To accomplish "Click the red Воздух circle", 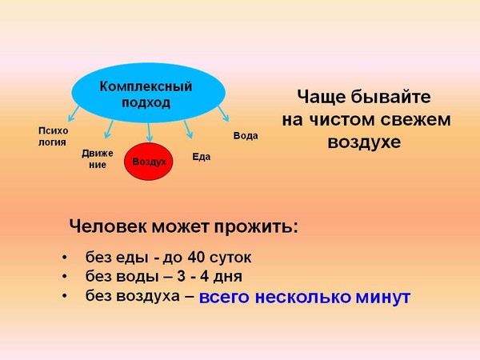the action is pos(149,162).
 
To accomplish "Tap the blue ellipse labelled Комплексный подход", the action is pos(149,93).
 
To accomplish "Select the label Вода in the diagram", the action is pos(246,136).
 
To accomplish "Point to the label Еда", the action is pos(201,157).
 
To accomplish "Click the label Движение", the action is pos(98,159).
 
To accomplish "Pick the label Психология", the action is pos(53,136).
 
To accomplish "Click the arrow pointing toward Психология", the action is pos(74,114).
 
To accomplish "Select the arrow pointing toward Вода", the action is pos(223,114).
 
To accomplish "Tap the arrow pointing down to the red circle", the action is pos(149,132).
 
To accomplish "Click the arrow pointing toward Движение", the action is pos(109,129).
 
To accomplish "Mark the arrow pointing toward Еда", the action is pos(188,129).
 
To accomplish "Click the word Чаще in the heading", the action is pos(321,97).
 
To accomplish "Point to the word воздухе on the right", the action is pos(364,142).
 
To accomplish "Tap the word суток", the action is pos(230,258).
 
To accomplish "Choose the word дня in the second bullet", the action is pos(227,277).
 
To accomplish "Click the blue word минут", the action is pos(383,297).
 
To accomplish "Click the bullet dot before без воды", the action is pos(64,277).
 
